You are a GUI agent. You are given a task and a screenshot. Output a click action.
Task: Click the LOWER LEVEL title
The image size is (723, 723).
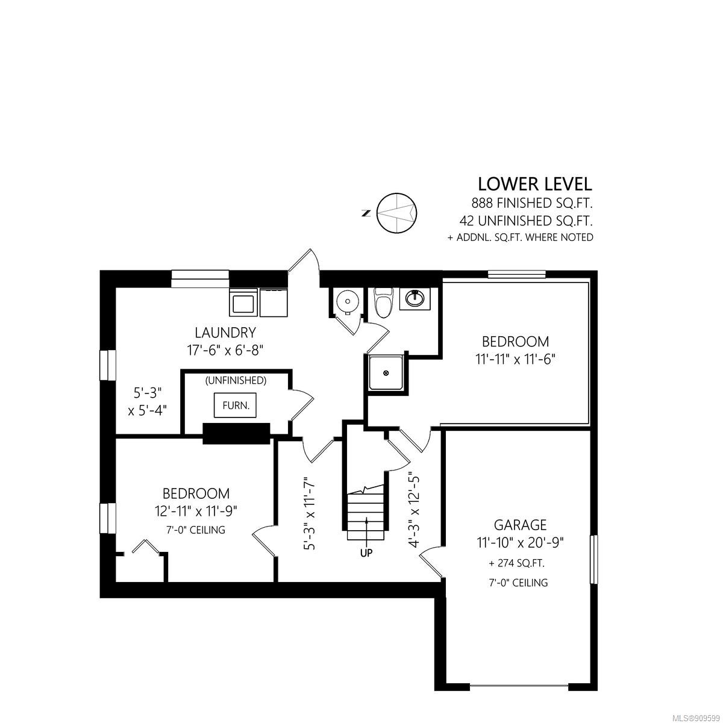tap(534, 184)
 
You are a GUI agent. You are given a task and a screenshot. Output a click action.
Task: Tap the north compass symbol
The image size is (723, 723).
tap(396, 213)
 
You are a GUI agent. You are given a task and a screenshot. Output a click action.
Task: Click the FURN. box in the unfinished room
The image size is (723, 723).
tap(235, 405)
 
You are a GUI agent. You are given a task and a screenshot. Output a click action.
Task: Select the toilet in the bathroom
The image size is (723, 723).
tap(383, 302)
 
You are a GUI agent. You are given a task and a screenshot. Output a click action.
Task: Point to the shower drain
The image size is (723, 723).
tap(386, 372)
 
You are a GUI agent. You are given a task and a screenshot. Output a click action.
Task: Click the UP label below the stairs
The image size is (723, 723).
tap(366, 552)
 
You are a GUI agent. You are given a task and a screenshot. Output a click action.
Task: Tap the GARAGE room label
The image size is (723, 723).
tap(520, 525)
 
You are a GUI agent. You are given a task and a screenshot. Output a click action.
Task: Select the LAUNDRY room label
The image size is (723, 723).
tap(225, 333)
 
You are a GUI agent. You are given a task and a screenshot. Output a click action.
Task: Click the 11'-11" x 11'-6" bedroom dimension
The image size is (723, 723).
tap(515, 360)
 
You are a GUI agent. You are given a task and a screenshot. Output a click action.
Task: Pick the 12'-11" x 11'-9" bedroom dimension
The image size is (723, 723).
tap(196, 511)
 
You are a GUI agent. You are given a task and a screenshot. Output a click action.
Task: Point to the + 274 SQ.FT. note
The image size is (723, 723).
tap(516, 563)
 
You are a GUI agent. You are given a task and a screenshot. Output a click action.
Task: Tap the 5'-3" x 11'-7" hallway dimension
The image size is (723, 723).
tap(310, 513)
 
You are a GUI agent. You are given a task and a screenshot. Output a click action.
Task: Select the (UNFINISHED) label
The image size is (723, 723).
tap(236, 380)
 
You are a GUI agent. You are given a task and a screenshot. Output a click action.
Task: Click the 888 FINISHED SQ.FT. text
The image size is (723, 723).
tap(531, 204)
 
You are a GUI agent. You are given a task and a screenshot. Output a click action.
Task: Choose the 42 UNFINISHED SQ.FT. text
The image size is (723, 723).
tap(526, 221)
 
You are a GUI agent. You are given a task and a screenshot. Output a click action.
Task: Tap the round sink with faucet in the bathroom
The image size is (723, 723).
tap(415, 299)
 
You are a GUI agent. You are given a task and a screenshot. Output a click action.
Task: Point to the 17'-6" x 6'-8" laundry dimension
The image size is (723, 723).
tap(225, 351)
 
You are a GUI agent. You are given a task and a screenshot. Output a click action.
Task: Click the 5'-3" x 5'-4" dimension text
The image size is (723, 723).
tap(148, 401)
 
